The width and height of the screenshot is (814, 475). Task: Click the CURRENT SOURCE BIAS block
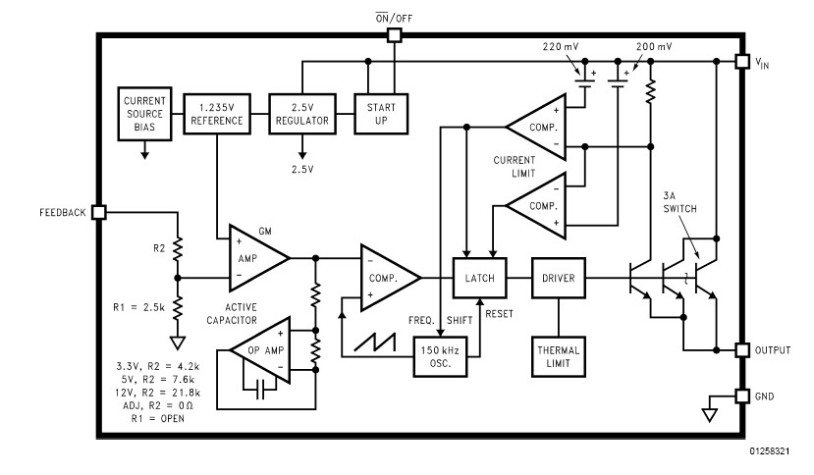[145, 113]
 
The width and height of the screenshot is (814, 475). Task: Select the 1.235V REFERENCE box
[214, 113]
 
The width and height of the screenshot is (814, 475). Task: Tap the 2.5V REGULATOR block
[301, 113]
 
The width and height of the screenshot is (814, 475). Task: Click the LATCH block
[479, 278]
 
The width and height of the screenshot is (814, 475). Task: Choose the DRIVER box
[558, 278]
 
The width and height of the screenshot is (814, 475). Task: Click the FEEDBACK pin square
[98, 212]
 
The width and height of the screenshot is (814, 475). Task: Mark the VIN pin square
[741, 61]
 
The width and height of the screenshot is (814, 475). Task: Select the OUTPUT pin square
[741, 350]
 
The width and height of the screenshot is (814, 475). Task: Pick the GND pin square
[741, 396]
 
